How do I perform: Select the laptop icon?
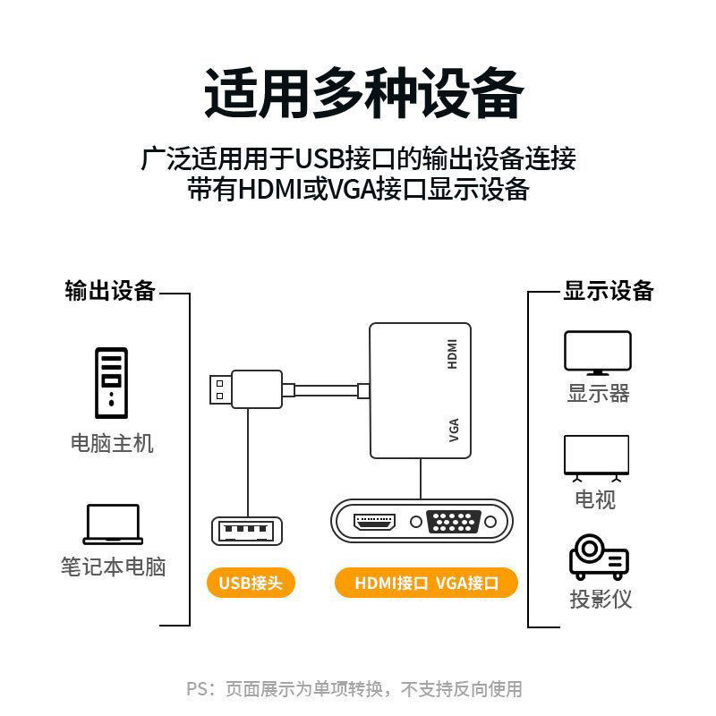[113, 524]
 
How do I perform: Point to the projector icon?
[598, 558]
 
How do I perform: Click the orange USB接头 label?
[251, 584]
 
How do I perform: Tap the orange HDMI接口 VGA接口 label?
[426, 584]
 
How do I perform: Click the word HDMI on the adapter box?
[453, 354]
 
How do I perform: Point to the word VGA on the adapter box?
[453, 429]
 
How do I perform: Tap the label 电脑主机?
[113, 443]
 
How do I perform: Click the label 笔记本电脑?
[113, 567]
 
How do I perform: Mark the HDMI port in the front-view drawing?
[376, 522]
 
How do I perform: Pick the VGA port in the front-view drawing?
[456, 522]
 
